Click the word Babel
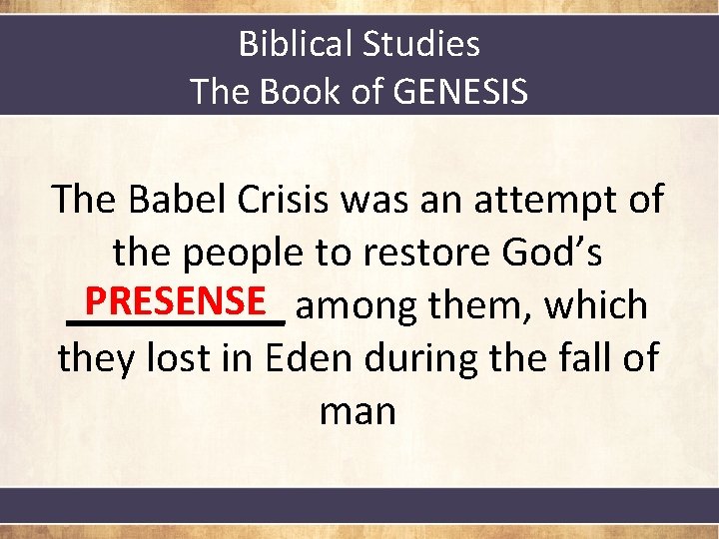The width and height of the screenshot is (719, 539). [181, 199]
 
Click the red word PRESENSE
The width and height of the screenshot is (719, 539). [175, 299]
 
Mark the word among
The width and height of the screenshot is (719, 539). [357, 306]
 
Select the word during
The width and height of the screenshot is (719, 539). [424, 357]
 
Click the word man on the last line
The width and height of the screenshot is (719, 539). [359, 411]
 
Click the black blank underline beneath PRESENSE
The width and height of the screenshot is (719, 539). [175, 321]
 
